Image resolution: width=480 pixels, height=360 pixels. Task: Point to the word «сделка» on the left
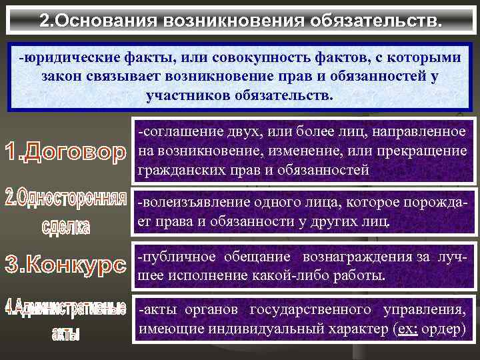(65, 227)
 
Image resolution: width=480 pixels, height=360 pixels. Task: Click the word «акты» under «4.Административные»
(65, 335)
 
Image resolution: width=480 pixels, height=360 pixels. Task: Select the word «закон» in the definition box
(61, 76)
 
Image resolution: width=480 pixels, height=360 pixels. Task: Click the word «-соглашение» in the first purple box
(174, 133)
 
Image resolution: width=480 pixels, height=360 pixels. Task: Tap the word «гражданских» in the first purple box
(174, 170)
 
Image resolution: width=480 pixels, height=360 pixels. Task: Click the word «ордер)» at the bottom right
(443, 329)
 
